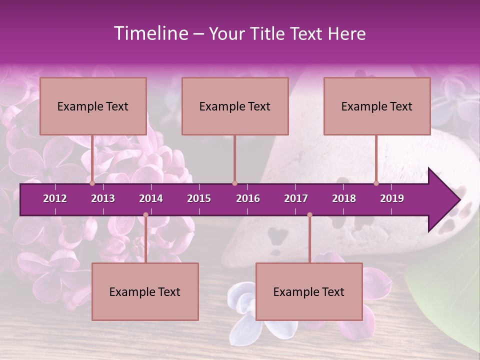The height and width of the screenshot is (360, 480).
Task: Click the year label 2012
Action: pyautogui.click(x=55, y=198)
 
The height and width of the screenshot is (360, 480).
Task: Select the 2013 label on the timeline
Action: pyautogui.click(x=103, y=198)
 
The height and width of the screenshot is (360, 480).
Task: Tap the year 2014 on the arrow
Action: pyautogui.click(x=151, y=198)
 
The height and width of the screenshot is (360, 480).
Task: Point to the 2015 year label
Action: pyautogui.click(x=199, y=198)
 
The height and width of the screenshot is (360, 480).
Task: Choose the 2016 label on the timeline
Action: pyautogui.click(x=248, y=198)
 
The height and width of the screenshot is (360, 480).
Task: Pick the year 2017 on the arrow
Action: pyautogui.click(x=296, y=198)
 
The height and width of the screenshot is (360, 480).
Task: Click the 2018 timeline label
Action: pyautogui.click(x=344, y=198)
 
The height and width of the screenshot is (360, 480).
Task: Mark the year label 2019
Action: pyautogui.click(x=392, y=198)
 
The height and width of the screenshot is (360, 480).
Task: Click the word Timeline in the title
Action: pyautogui.click(x=150, y=33)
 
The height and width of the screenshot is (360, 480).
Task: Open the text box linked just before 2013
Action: pyautogui.click(x=93, y=106)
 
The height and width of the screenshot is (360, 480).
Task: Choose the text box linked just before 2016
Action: pyautogui.click(x=235, y=106)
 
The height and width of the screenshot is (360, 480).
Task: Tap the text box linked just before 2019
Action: pyautogui.click(x=377, y=106)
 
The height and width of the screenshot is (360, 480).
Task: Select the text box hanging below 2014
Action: pyautogui.click(x=145, y=291)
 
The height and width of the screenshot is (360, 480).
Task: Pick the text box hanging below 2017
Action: pyautogui.click(x=309, y=291)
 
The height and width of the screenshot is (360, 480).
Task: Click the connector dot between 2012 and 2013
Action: pyautogui.click(x=92, y=183)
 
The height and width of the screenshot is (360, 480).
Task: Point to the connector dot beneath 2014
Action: pyautogui.click(x=145, y=215)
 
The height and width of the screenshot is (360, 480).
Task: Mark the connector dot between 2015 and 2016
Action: pyautogui.click(x=234, y=183)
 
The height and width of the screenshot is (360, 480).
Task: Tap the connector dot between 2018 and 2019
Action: pyautogui.click(x=376, y=183)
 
